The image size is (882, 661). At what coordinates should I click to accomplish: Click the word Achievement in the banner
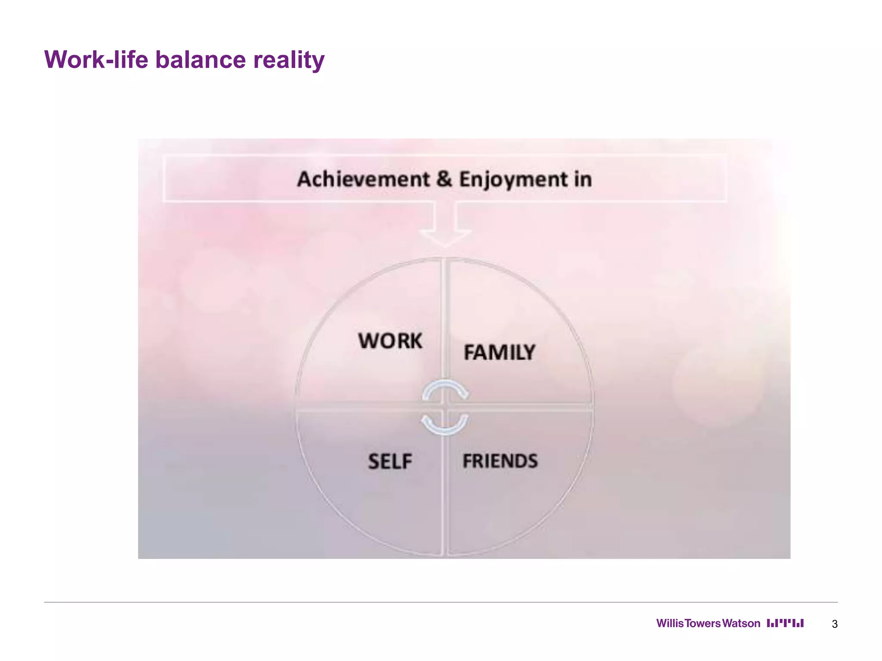[363, 179]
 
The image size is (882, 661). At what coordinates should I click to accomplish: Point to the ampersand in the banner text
[444, 179]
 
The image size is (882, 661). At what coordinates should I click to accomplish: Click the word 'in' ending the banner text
[583, 179]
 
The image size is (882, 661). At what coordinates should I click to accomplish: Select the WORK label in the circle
[390, 341]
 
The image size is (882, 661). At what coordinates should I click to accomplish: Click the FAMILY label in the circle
[500, 352]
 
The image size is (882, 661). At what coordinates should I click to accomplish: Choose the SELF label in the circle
[390, 461]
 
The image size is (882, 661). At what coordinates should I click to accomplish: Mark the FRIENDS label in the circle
[500, 461]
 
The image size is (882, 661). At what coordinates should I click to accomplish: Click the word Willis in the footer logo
[670, 624]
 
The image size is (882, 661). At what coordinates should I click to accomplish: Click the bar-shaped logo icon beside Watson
[785, 623]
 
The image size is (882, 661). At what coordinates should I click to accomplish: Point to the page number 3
[835, 624]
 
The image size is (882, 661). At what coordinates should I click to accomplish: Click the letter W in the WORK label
[369, 341]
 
